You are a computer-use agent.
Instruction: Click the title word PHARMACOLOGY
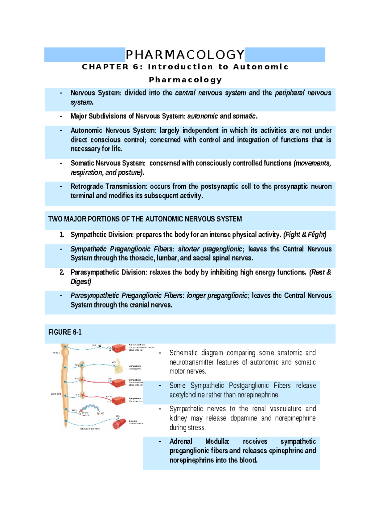point(185,55)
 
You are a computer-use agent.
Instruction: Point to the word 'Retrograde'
point(87,186)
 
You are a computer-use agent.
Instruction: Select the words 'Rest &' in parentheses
point(321,272)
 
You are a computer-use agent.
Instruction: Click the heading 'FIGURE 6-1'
point(65,332)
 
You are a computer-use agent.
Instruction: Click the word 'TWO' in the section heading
point(55,219)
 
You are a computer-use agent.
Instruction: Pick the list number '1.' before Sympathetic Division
point(62,235)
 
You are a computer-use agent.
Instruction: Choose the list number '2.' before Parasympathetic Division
point(62,272)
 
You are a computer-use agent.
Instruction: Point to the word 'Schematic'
point(182,353)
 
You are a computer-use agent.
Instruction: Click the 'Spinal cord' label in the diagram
point(56,394)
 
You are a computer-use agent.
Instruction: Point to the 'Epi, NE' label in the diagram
point(101,414)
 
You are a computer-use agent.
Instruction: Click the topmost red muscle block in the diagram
point(119,348)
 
